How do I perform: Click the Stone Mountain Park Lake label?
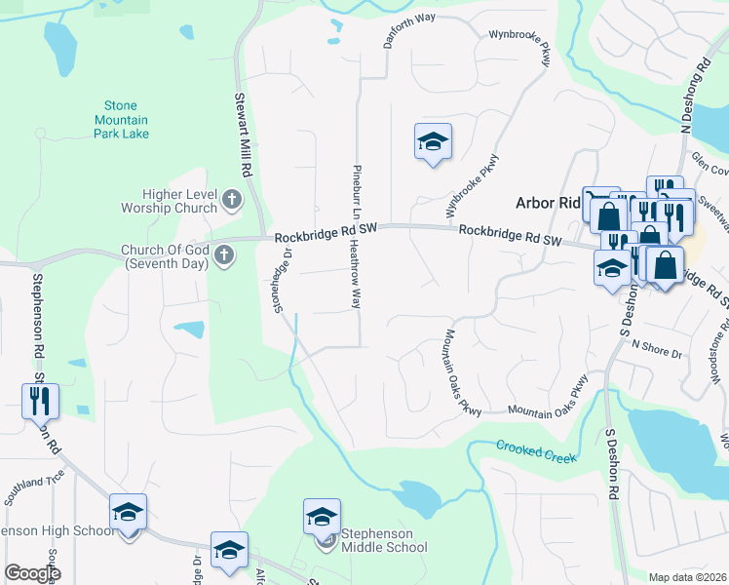[127, 119]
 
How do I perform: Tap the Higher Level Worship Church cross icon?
[232, 200]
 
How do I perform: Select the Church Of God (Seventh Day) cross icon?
[224, 256]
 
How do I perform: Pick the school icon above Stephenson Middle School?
[322, 517]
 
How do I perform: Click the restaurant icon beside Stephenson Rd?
[40, 400]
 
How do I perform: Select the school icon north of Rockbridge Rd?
[432, 142]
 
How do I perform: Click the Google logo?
[32, 573]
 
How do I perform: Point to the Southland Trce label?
[33, 488]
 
